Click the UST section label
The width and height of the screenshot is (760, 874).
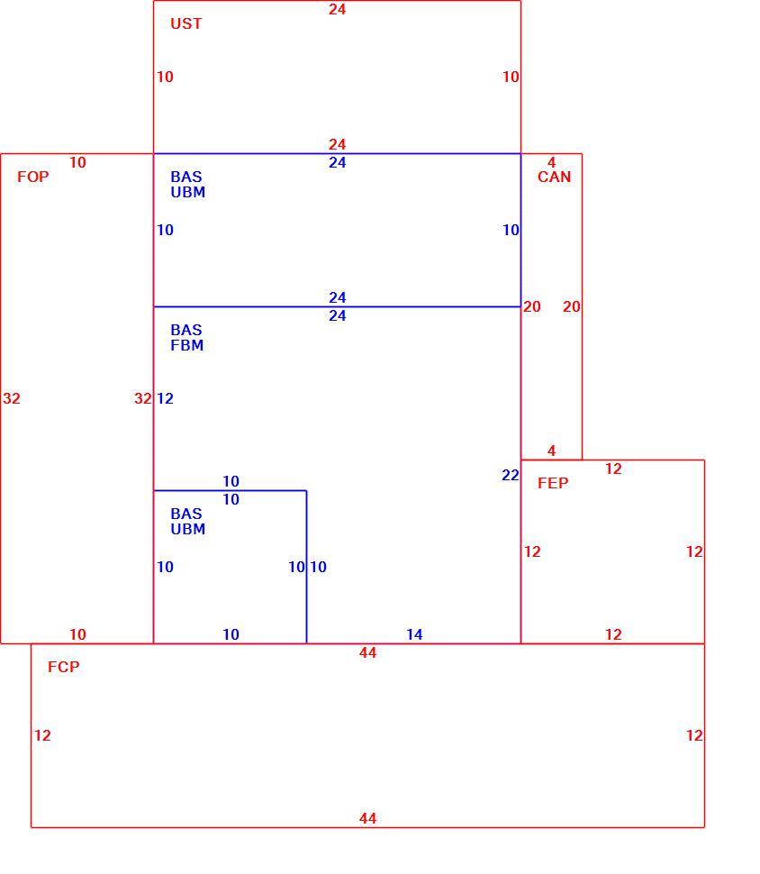point(186,23)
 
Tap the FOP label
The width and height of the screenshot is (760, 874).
point(33,177)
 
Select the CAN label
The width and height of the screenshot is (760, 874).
point(554,177)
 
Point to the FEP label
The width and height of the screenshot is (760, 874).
point(553,483)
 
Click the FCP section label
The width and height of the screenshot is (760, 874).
point(64,667)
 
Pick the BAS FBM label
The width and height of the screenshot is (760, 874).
point(186,337)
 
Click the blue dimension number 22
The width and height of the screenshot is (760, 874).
point(511,475)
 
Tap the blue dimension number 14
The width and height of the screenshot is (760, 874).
point(414,634)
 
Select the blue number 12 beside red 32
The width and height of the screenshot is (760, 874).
point(165,398)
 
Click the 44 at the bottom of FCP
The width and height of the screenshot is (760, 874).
point(367,818)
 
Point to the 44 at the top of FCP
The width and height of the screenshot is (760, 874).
point(367,652)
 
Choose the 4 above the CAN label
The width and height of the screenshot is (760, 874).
point(552,162)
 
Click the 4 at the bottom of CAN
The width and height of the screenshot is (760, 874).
point(552,451)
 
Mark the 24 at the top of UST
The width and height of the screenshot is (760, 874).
point(337,10)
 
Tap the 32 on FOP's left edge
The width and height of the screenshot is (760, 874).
point(12,398)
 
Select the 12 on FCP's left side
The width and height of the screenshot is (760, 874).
point(42,735)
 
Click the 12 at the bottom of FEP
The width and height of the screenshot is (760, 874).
point(613,634)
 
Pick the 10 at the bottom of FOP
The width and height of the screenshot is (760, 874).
point(77,634)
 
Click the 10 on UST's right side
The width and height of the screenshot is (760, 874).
point(511,77)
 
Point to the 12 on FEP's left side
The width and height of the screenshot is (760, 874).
point(532,551)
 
